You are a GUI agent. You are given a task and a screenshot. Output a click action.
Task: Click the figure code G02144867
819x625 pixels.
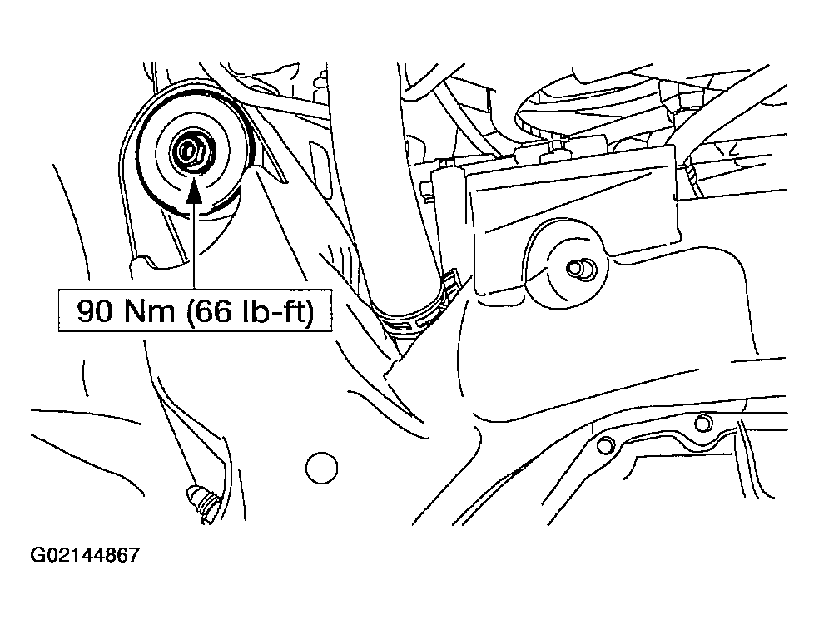tap(85, 554)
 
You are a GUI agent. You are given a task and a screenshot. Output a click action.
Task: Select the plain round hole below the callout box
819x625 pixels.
tap(321, 468)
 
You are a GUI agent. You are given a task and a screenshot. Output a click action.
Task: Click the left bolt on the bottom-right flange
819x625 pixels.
tap(605, 445)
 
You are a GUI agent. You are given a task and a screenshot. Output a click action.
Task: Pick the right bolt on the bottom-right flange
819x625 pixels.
tap(703, 423)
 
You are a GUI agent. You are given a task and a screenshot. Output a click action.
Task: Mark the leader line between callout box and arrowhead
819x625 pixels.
tap(194, 246)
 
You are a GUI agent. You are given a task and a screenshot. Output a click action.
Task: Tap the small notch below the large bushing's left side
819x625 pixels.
tap(146, 260)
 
